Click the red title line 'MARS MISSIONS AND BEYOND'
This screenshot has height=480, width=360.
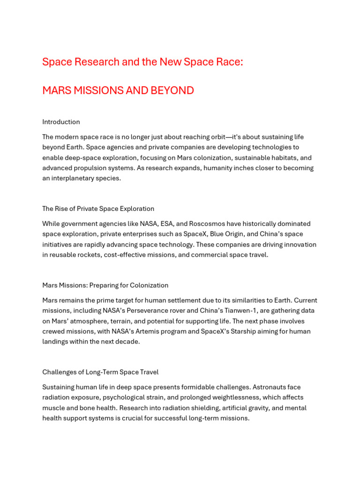118,90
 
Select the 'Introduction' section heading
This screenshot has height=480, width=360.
61,122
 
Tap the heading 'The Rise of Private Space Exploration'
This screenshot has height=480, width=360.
98,209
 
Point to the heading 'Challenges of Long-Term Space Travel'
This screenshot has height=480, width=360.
100,372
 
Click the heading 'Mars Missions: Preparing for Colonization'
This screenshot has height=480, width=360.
105,285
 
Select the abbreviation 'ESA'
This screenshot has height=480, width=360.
167,224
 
